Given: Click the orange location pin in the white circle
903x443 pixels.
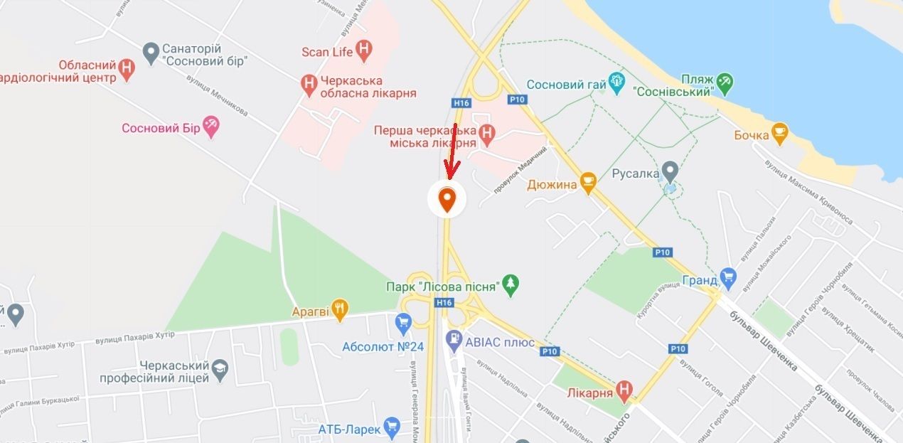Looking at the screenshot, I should [x=447, y=200].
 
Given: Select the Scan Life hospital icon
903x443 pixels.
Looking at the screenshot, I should [x=364, y=50].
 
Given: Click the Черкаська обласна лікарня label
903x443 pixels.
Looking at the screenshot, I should [x=361, y=87].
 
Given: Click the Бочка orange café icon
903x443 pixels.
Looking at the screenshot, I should [x=780, y=133].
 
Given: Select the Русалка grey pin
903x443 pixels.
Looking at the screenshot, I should [x=670, y=171].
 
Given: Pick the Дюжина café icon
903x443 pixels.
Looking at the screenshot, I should [x=587, y=183].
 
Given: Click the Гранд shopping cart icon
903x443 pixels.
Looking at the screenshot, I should [x=727, y=276].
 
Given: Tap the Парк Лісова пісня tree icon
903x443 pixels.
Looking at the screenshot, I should [x=511, y=285].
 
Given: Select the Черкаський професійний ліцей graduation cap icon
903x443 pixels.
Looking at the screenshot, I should [x=220, y=368].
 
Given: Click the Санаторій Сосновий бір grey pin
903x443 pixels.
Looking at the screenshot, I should [x=150, y=52].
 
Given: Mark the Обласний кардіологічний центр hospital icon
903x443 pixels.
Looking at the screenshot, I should [x=126, y=69].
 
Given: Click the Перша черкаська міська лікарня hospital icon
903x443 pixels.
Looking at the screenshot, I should [x=486, y=133].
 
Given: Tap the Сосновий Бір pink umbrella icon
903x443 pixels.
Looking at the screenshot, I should [x=210, y=127].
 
